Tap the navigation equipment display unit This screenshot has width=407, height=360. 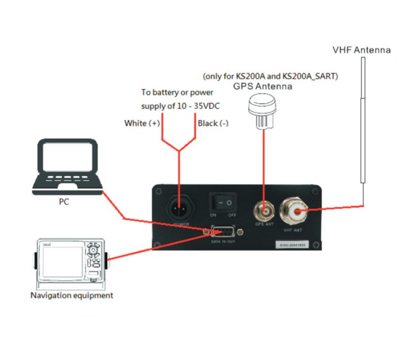[71, 261]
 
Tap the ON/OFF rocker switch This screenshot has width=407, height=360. [222, 203]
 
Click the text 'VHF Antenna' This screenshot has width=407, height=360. [361, 50]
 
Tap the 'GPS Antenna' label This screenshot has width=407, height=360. [262, 87]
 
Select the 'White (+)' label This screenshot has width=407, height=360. [142, 123]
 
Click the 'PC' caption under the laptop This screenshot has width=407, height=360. [64, 202]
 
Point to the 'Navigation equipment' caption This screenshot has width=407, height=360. [71, 296]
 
